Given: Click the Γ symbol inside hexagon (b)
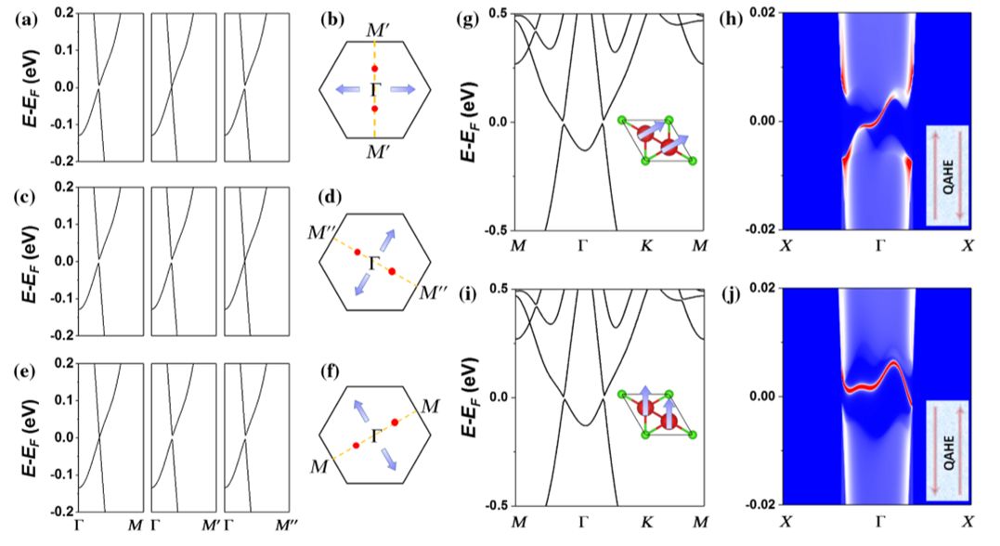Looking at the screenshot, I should point(374,88).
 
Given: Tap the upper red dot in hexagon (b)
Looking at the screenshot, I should point(374,69).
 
